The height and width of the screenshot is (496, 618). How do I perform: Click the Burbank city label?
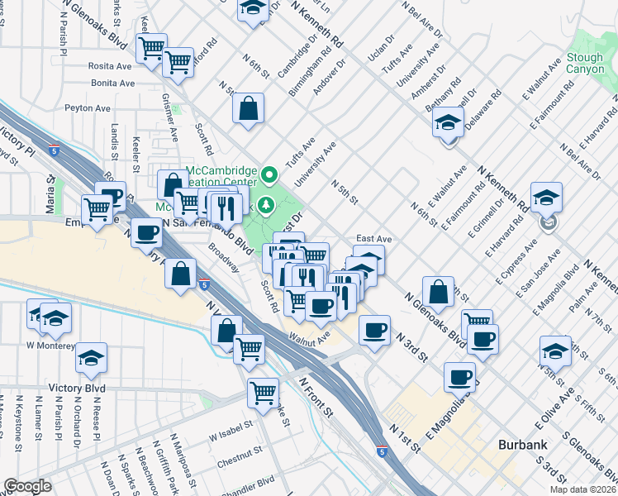(x=523, y=445)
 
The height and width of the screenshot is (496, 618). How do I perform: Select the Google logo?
(x=27, y=486)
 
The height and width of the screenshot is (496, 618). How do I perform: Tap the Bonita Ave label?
(x=113, y=83)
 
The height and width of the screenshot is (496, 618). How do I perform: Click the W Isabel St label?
(x=230, y=435)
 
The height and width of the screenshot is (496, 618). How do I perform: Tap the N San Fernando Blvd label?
(x=207, y=232)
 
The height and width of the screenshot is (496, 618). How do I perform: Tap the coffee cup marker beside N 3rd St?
(x=374, y=331)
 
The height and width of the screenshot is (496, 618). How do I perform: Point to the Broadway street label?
(x=224, y=257)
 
